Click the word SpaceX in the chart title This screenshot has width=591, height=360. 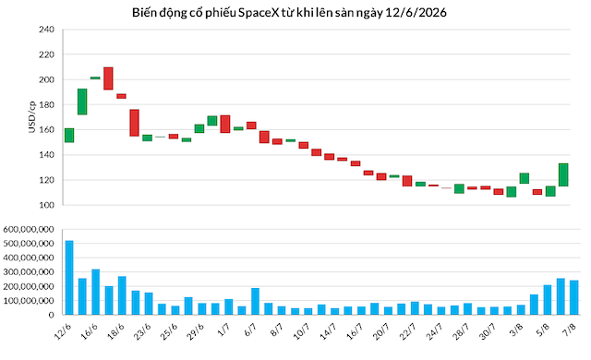click(x=259, y=13)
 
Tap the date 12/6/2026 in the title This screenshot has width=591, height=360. click(x=416, y=13)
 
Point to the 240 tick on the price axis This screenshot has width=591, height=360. click(x=47, y=30)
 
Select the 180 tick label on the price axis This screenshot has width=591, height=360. click(x=47, y=104)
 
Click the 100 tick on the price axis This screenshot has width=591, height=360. click(x=47, y=205)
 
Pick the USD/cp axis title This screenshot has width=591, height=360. click(x=31, y=116)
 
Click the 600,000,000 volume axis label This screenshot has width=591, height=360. click(x=29, y=229)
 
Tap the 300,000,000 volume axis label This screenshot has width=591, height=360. click(x=29, y=272)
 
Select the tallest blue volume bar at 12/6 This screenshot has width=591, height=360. click(x=69, y=278)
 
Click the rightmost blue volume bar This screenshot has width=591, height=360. click(x=574, y=297)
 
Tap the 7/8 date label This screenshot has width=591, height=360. click(x=569, y=331)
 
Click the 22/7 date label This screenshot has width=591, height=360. click(x=408, y=331)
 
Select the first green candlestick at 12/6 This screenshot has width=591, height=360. click(x=69, y=136)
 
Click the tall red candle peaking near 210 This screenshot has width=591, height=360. click(x=109, y=78)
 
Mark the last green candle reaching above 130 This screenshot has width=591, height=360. click(x=563, y=174)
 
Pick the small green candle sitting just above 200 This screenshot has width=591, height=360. click(x=95, y=78)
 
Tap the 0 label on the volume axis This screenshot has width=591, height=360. click(x=52, y=315)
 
